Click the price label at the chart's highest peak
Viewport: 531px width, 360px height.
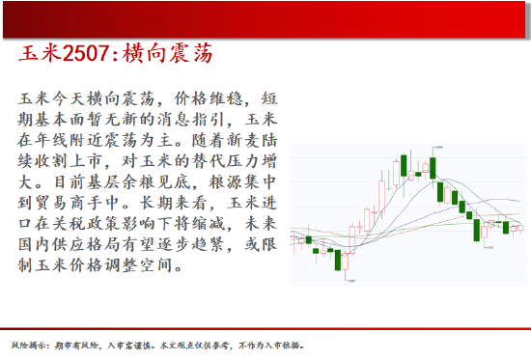(438, 147)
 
